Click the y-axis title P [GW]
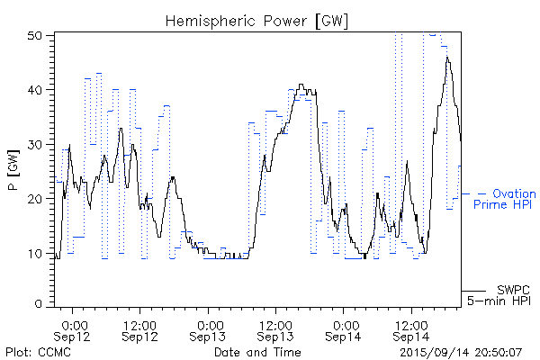tap(13, 170)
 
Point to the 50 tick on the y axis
tap(37, 35)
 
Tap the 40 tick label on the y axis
tap(37, 90)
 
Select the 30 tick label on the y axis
tap(37, 144)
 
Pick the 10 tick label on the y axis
tap(37, 253)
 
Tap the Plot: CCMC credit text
tap(35, 352)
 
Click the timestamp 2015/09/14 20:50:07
tap(461, 352)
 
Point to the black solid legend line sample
tap(473, 291)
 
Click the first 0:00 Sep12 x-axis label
tap(74, 328)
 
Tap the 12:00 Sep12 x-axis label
tap(140, 328)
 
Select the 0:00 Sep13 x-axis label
tap(209, 328)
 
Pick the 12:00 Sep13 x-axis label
tap(276, 328)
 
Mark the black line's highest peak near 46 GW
tap(446, 58)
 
